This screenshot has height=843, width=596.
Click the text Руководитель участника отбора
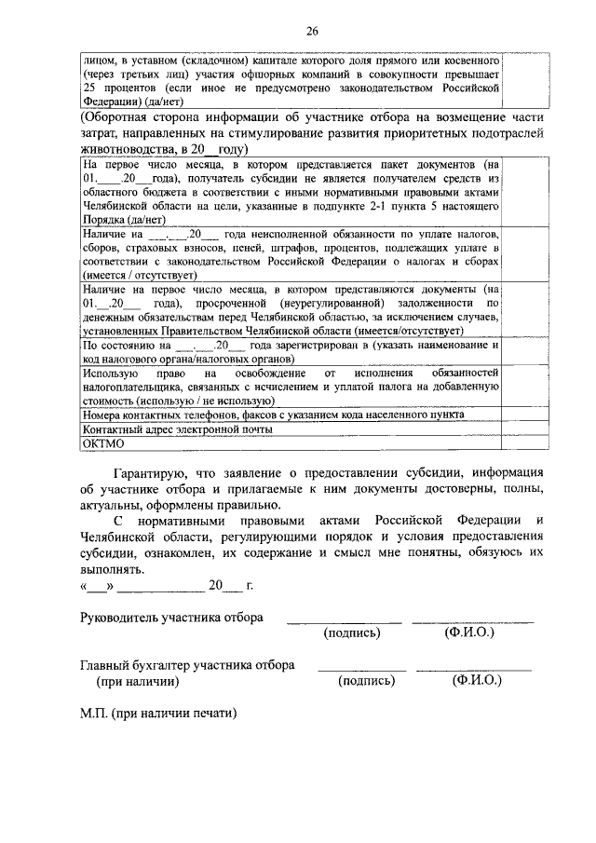coord(172,618)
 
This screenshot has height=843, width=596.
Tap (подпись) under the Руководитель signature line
coord(351,633)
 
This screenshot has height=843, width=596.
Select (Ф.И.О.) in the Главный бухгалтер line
coord(477,681)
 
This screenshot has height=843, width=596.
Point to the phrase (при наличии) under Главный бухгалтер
coord(139,681)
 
